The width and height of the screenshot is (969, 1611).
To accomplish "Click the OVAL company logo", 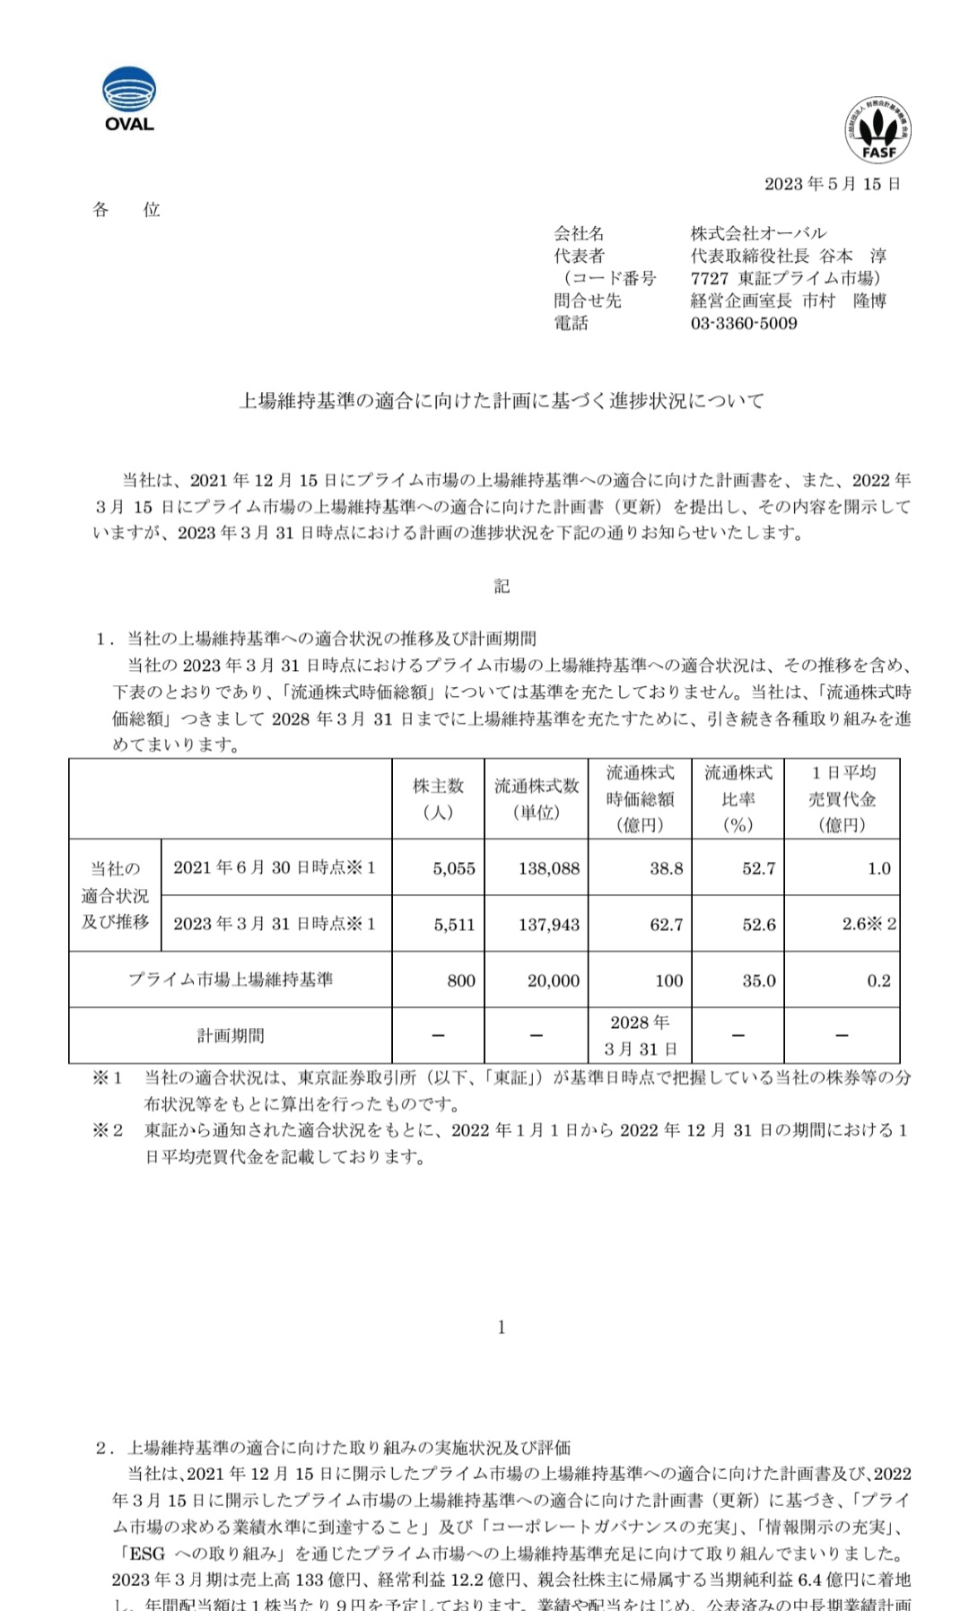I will pyautogui.click(x=129, y=100).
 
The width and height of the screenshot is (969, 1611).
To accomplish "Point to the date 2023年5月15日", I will pyautogui.click(x=832, y=184).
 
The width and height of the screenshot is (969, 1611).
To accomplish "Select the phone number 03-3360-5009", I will pyautogui.click(x=744, y=323).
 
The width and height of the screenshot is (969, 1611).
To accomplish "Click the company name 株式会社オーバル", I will pyautogui.click(x=759, y=233).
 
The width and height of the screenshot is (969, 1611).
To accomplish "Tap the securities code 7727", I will pyautogui.click(x=710, y=278).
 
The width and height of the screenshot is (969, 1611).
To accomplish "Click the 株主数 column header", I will pyautogui.click(x=438, y=798).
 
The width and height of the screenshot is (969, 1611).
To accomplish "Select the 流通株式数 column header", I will pyautogui.click(x=537, y=798).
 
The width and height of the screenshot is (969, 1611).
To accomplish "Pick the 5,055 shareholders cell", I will pyautogui.click(x=454, y=868).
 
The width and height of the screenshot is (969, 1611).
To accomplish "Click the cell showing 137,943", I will pyautogui.click(x=549, y=925).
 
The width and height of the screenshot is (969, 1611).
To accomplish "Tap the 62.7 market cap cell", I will pyautogui.click(x=667, y=925).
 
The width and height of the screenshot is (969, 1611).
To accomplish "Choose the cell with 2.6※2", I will pyautogui.click(x=869, y=924).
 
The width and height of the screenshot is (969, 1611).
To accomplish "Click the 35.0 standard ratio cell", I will pyautogui.click(x=758, y=980).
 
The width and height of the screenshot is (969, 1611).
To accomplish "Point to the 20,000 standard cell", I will pyautogui.click(x=554, y=980).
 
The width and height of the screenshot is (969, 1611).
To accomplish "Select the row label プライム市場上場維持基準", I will pyautogui.click(x=231, y=980).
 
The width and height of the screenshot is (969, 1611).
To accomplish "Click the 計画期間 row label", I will pyautogui.click(x=231, y=1035).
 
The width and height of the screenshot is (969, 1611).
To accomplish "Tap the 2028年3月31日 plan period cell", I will pyautogui.click(x=640, y=1035).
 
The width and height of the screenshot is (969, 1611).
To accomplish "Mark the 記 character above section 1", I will pyautogui.click(x=502, y=586).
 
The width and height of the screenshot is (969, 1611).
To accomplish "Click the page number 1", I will pyautogui.click(x=502, y=1327).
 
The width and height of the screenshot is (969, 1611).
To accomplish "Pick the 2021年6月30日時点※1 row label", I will pyautogui.click(x=275, y=867).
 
